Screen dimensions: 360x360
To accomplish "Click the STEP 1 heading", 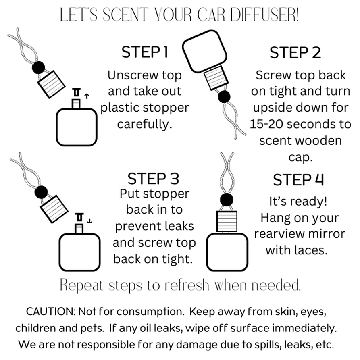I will tap(145, 52).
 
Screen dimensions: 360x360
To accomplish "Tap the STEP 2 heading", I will tap(295, 53).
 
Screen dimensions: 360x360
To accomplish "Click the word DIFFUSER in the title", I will tap(264, 15).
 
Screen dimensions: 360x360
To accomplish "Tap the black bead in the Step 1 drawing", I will tap(38, 67).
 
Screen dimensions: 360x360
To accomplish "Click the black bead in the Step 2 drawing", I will tap(224, 97).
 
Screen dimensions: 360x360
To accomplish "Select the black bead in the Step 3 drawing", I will tap(41, 192).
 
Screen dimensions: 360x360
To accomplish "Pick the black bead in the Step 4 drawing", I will tap(227, 199).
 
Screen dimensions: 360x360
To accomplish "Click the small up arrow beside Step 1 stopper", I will tap(87, 96).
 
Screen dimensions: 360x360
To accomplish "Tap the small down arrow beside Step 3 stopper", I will tap(90, 220).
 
